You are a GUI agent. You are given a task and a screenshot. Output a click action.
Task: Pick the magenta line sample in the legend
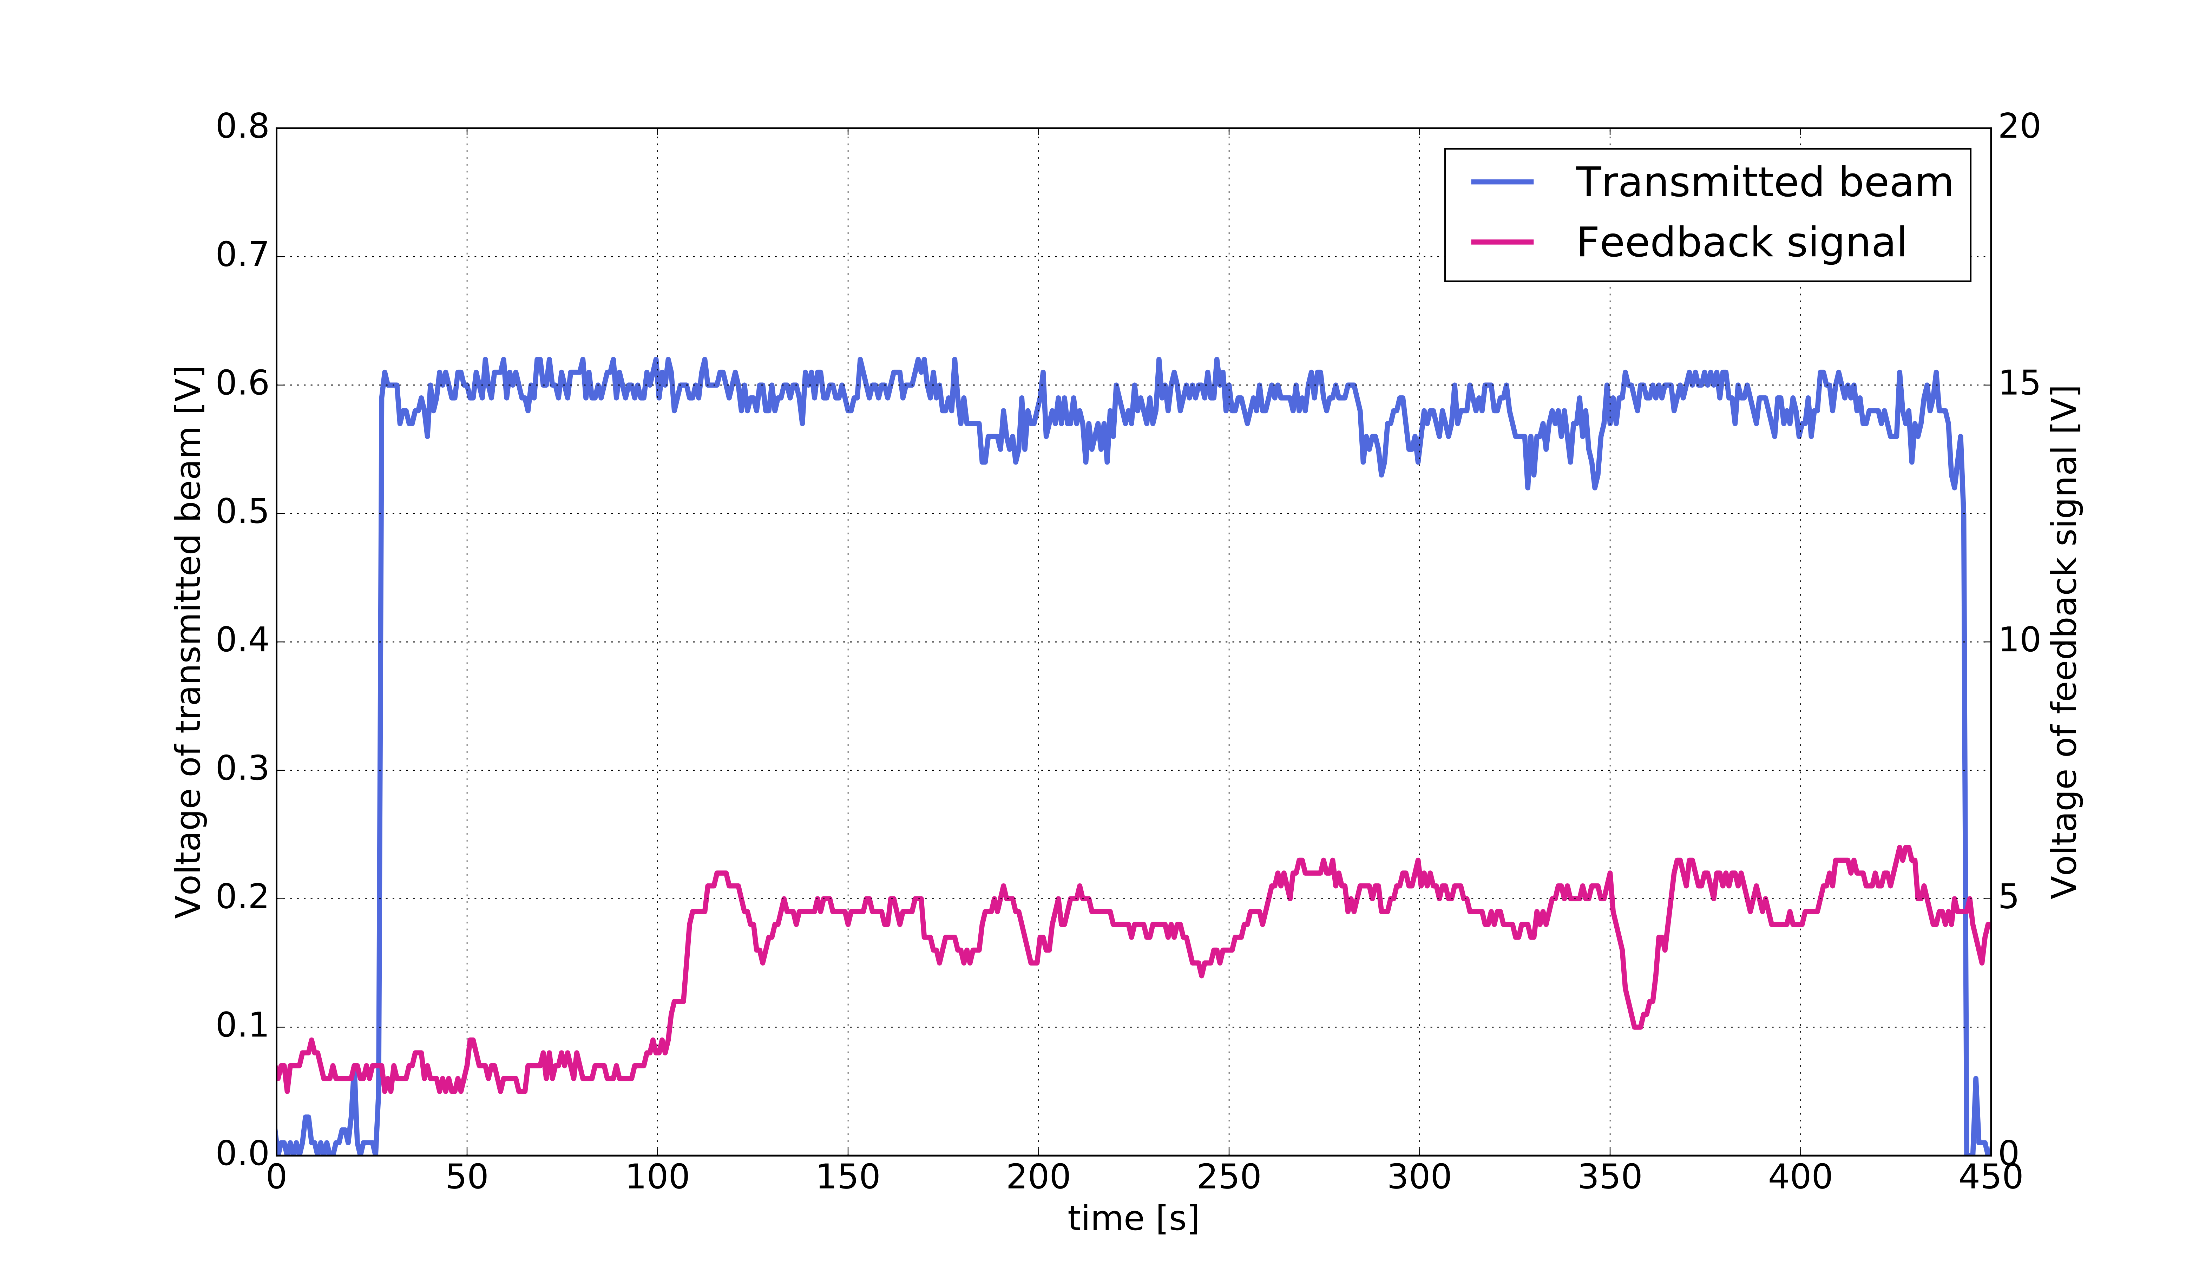[x=1502, y=242]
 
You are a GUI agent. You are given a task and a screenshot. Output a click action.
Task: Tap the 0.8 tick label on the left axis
[x=242, y=127]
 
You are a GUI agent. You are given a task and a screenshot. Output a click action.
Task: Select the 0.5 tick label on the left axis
[x=242, y=513]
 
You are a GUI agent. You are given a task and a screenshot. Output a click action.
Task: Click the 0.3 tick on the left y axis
[x=242, y=769]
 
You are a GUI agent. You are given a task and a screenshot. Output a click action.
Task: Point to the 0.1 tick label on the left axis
[x=242, y=1025]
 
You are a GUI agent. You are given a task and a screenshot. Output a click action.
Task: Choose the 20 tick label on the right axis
[x=2019, y=127]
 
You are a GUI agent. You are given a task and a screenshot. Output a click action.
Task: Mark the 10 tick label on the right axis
[x=2019, y=641]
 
